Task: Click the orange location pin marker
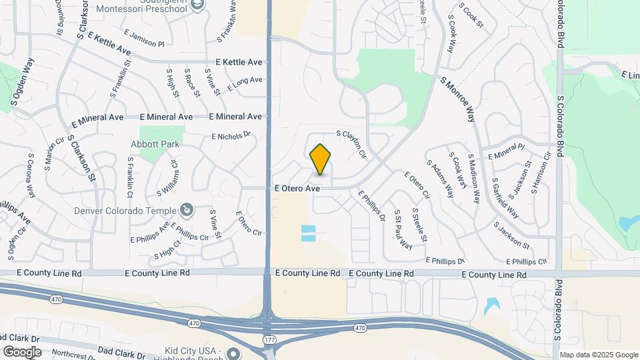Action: point(321,159)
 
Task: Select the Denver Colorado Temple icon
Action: point(187,211)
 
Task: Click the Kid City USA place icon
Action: point(233,353)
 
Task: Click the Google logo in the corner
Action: point(22,351)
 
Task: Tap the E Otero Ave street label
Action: point(297,189)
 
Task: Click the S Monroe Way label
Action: point(457,99)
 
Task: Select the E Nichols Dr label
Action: point(231,136)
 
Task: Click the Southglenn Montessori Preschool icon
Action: point(197,5)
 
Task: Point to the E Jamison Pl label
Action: point(143,39)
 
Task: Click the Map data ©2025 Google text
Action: point(598,355)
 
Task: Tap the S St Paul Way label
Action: point(403,229)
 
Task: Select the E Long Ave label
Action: point(245,83)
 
